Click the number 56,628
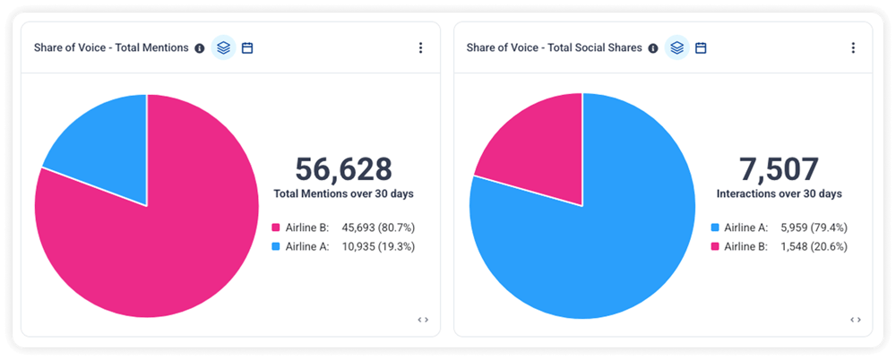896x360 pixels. [x=343, y=170]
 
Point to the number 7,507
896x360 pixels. [x=779, y=170]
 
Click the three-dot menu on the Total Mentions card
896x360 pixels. [x=420, y=48]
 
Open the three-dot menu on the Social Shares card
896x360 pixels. [x=853, y=48]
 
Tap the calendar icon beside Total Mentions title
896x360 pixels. [x=247, y=48]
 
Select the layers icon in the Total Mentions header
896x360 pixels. [x=223, y=48]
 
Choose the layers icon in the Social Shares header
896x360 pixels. [x=677, y=48]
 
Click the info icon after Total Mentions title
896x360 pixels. [x=200, y=48]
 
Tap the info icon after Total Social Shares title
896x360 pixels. [x=653, y=48]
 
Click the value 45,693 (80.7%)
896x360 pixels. [x=378, y=227]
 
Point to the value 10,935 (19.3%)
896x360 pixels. [x=378, y=247]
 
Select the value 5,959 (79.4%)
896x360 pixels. [x=814, y=227]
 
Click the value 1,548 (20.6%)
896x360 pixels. [x=814, y=247]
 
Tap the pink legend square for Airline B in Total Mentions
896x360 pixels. [x=275, y=227]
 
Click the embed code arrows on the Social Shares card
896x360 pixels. [x=856, y=320]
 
